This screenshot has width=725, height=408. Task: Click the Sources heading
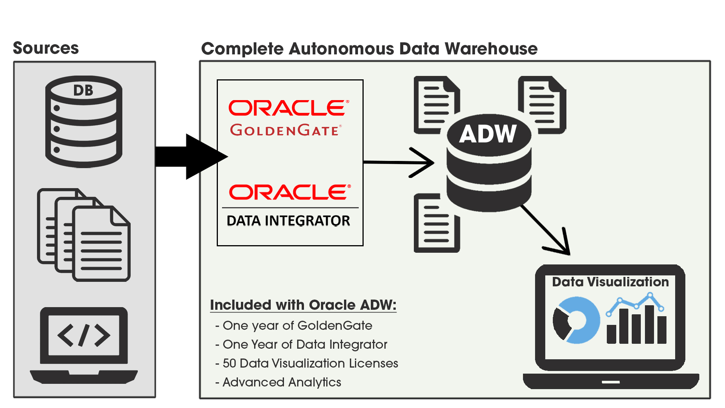click(46, 48)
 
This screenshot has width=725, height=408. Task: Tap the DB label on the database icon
click(83, 90)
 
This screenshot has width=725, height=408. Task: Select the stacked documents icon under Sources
click(84, 235)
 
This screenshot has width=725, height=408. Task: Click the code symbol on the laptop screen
click(84, 335)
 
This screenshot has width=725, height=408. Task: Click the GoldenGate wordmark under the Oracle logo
click(286, 130)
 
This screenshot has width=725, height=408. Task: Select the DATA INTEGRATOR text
click(288, 221)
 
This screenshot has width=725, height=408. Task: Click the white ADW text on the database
click(487, 134)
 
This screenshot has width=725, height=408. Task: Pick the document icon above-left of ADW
click(436, 104)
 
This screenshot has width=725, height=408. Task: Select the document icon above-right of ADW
click(542, 104)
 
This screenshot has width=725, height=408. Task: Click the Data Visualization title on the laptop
click(610, 282)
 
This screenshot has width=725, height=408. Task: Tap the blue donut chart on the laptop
click(577, 320)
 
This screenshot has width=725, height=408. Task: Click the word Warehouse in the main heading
click(491, 49)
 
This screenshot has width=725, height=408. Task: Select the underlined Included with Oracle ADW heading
click(303, 305)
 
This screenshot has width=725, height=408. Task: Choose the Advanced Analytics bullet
click(282, 382)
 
